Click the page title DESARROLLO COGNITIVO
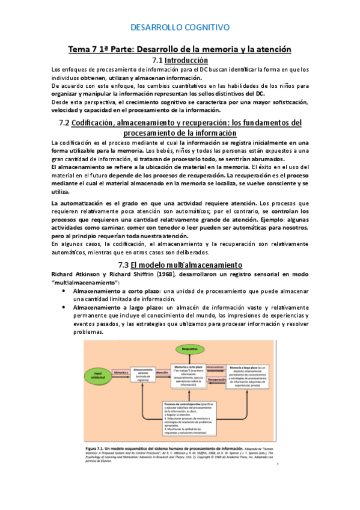(x=180, y=27)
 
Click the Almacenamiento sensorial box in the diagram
(x=143, y=375)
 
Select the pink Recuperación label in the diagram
(x=218, y=380)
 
